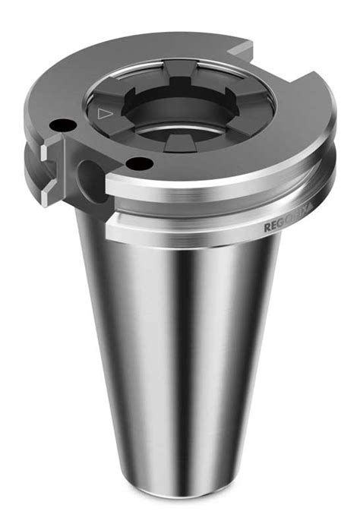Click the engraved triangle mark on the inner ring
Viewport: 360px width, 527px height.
tap(104, 115)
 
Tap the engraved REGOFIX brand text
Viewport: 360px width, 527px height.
tap(286, 226)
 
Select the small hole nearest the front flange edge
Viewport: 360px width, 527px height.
tap(137, 163)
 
